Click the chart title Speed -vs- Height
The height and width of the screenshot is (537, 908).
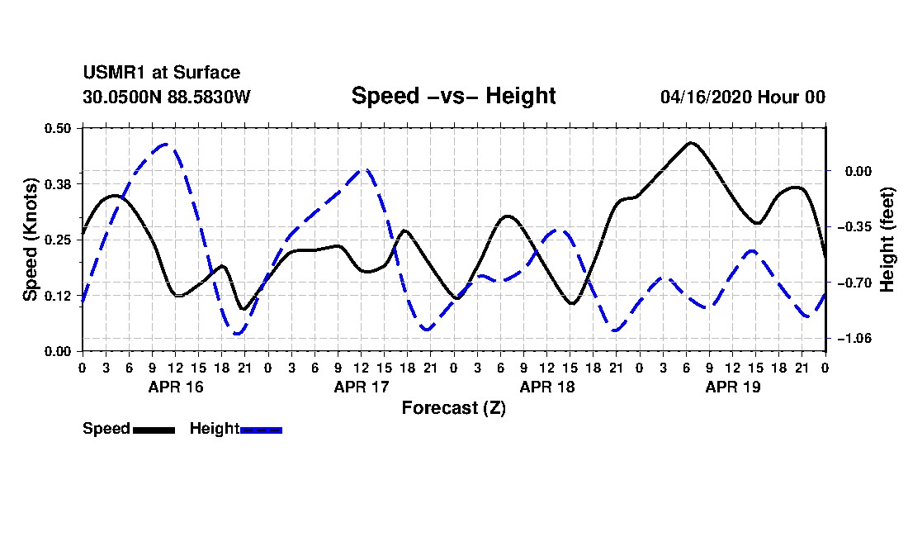(453, 96)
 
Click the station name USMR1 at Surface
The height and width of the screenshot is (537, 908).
(162, 73)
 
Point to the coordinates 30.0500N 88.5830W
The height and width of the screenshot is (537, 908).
(167, 97)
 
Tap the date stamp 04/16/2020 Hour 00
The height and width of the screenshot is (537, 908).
(743, 97)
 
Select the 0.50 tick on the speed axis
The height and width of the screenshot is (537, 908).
(58, 128)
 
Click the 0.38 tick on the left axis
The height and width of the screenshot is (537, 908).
(58, 184)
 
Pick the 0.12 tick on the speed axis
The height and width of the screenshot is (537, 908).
(58, 296)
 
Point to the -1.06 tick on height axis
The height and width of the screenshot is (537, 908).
(854, 338)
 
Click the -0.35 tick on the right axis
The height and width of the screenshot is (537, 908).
(854, 226)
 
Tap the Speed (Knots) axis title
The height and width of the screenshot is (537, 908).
(30, 240)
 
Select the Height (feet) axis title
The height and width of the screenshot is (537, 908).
(887, 240)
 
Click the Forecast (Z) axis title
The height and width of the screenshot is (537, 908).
(453, 408)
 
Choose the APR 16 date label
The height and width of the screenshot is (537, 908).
(176, 387)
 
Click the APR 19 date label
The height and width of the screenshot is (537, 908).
(732, 387)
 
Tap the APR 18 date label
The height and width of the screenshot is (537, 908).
(547, 387)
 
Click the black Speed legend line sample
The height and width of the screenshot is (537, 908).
(154, 430)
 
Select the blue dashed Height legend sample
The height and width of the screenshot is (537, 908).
(261, 430)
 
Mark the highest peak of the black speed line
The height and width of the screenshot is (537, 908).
(690, 142)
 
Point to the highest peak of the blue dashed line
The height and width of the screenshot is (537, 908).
(166, 145)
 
